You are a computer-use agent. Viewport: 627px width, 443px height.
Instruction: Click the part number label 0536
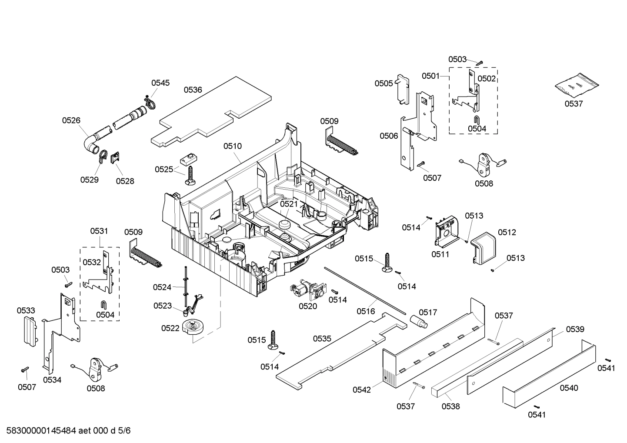tap(193, 90)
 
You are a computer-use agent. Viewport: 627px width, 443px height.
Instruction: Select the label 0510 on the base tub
tap(233, 146)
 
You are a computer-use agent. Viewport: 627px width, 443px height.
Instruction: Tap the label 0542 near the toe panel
tap(362, 390)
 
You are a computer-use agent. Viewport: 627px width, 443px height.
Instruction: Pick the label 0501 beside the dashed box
tap(430, 76)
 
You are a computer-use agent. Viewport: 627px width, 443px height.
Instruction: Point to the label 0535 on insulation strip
tap(322, 338)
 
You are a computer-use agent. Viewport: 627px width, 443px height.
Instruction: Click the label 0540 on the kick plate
tap(569, 388)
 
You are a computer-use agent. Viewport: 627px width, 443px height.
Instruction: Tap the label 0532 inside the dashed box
tap(92, 262)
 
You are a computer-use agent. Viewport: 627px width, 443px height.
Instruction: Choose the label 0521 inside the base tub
tap(289, 203)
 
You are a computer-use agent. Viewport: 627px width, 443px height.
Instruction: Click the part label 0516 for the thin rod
tap(366, 311)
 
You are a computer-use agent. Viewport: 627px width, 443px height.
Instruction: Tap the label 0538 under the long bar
tap(450, 406)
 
